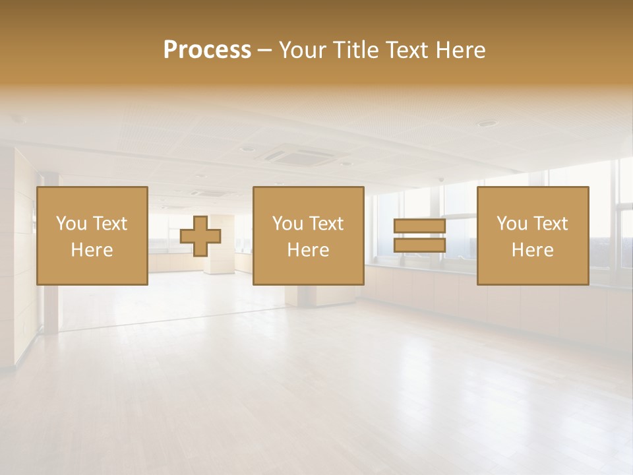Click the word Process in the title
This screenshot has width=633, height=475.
coord(207,50)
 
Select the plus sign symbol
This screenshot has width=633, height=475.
coord(200,236)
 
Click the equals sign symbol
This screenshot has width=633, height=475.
coord(419,236)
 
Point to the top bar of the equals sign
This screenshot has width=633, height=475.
coord(419,227)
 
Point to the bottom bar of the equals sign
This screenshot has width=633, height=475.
coord(419,245)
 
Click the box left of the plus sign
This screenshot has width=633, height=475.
coord(92,236)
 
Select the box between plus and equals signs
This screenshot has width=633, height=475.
coord(308,236)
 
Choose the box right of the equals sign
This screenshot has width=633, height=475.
coord(533,236)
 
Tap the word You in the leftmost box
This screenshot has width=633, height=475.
coord(71,224)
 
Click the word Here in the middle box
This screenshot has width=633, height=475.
coord(308,250)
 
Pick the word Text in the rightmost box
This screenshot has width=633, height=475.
coord(551,224)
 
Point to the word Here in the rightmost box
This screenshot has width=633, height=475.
coord(533,250)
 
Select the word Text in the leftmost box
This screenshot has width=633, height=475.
coord(110,224)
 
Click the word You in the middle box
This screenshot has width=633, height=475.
coord(287,224)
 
